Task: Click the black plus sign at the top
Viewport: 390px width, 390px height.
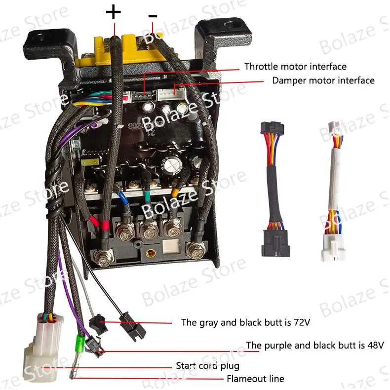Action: pos(113,12)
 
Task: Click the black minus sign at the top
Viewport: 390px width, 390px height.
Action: pos(153,16)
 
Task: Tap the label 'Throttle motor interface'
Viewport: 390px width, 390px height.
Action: pos(295,67)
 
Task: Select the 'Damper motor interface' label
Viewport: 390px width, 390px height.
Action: pos(323,80)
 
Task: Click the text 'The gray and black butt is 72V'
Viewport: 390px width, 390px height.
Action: pos(245,322)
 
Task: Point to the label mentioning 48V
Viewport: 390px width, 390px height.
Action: pos(315,345)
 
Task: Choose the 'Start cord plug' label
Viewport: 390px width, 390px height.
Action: pos(207,366)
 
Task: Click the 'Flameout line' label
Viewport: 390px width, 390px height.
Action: pos(255,379)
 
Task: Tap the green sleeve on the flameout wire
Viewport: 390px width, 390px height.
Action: pos(80,342)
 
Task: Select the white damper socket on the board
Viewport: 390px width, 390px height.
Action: pos(171,94)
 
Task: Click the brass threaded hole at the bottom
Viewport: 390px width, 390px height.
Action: pos(150,253)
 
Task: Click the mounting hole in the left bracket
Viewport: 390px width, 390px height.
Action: pos(40,38)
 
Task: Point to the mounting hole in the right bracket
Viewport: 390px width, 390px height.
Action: pos(232,24)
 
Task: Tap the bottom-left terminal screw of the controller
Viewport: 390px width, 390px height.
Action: pos(104,257)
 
